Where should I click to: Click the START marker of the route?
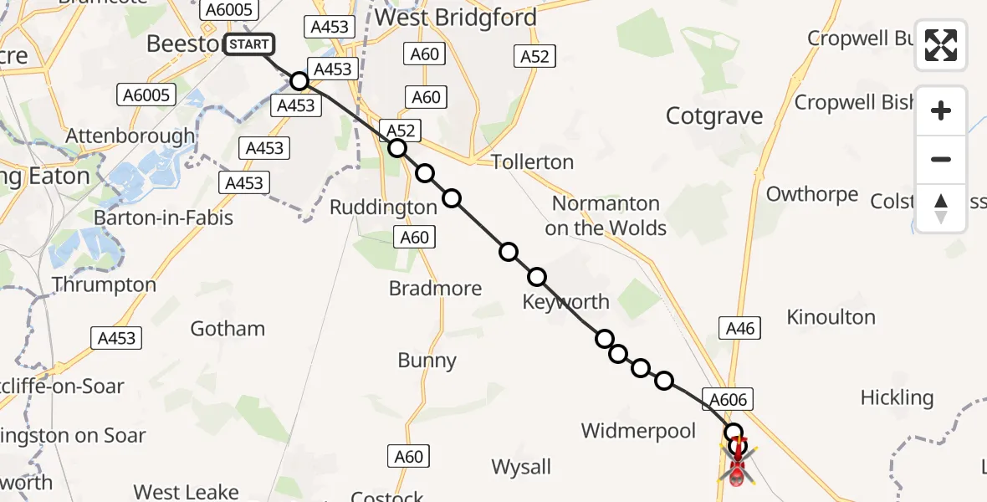[248, 44]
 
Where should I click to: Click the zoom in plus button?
[941, 110]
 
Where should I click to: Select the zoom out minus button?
[941, 159]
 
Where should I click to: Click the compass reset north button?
[941, 208]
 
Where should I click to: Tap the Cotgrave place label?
[714, 116]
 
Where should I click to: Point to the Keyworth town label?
[565, 301]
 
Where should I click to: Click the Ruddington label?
[383, 207]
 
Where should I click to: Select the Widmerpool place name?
[638, 431]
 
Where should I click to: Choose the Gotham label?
[228, 328]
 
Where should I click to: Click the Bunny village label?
[427, 361]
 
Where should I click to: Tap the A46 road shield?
[740, 329]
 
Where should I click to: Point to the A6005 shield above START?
[229, 9]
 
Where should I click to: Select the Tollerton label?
[532, 161]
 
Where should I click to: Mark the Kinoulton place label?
[831, 317]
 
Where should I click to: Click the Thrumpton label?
[104, 284]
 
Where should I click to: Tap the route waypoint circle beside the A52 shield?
[397, 149]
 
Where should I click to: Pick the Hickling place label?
[897, 397]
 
